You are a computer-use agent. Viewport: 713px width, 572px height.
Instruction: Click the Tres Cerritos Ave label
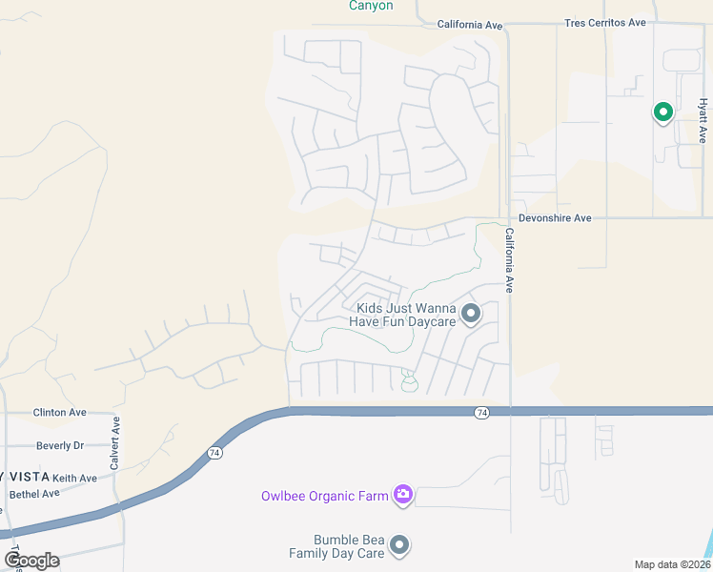[605, 23]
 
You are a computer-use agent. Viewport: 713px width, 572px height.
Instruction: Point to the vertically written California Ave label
[510, 260]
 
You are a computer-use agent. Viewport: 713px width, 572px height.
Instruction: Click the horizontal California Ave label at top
[469, 24]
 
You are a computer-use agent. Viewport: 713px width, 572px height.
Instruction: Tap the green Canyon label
[371, 6]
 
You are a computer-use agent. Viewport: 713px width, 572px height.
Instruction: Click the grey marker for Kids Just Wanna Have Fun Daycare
[471, 313]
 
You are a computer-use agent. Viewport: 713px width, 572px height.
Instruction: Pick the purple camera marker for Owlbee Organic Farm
[403, 494]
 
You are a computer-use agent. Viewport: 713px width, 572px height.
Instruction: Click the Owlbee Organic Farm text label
[325, 496]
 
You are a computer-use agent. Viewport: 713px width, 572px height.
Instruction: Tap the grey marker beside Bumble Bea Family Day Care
[399, 545]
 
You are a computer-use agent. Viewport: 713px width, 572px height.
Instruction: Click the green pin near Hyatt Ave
[662, 112]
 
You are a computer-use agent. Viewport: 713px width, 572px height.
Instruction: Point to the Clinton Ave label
[59, 413]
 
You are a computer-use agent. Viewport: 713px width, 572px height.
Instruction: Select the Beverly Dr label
[60, 445]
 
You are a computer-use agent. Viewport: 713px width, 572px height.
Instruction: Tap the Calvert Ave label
[115, 443]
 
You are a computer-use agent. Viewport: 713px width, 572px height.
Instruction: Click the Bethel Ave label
[34, 494]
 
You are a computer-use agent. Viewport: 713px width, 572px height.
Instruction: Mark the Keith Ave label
[74, 478]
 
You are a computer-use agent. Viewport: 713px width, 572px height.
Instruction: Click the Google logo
[31, 560]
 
